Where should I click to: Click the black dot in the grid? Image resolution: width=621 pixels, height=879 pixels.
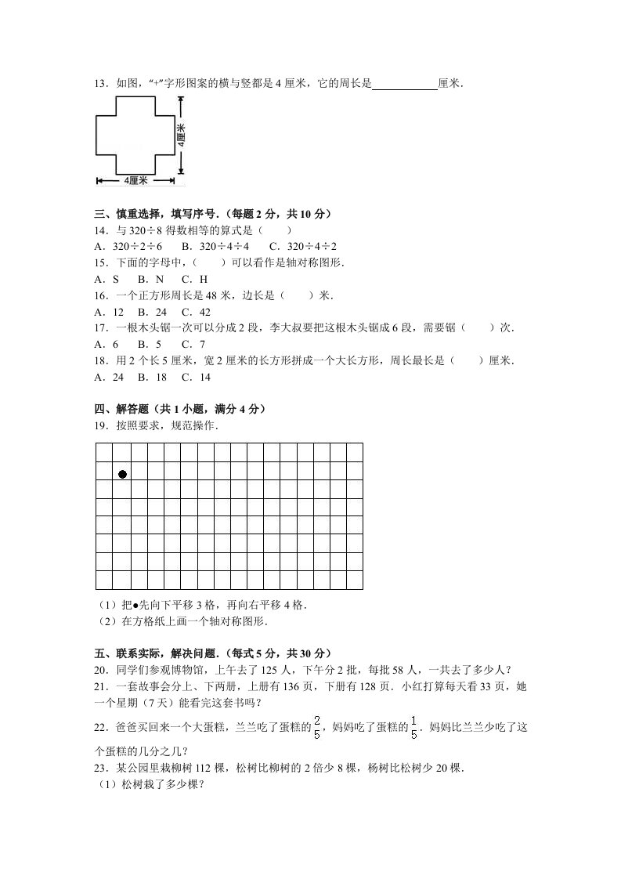point(122,474)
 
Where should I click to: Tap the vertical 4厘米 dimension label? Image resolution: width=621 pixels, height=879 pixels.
point(181,134)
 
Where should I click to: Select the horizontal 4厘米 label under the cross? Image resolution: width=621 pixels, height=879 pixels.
point(135,181)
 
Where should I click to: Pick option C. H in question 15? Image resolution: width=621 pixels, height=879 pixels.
point(195,278)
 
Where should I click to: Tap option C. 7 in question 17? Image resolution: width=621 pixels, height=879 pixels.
point(193,344)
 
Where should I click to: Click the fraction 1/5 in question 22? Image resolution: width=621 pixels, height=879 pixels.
point(413,725)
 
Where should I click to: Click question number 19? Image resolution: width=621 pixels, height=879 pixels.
point(100,426)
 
